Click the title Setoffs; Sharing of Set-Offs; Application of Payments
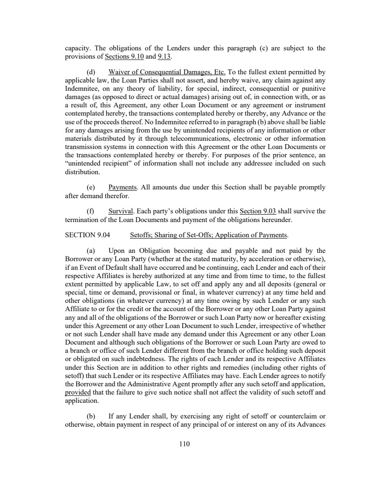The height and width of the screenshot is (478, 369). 209,236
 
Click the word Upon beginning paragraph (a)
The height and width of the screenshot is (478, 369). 117,251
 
